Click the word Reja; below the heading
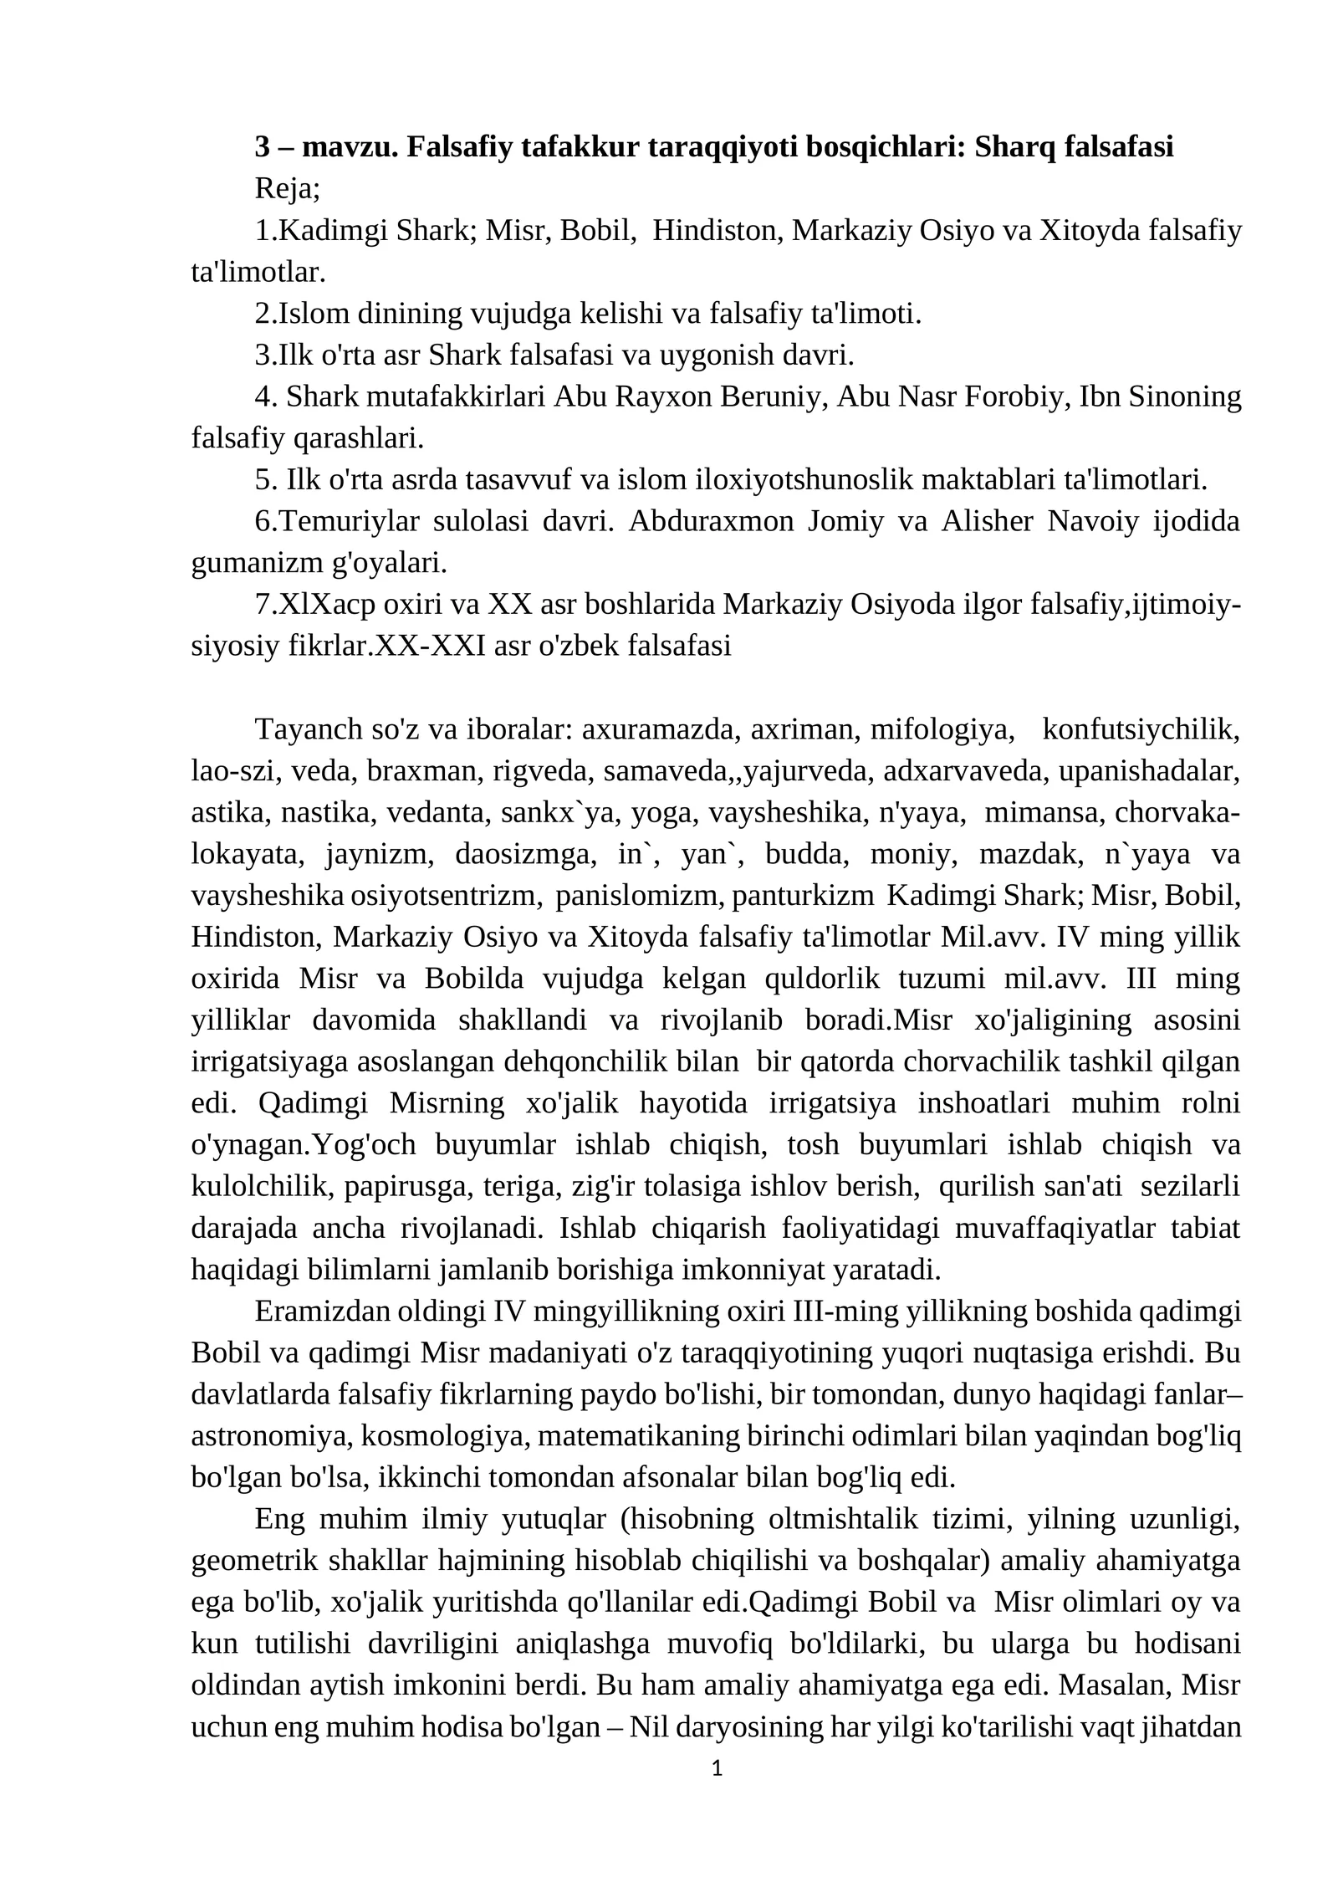pyautogui.click(x=287, y=188)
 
